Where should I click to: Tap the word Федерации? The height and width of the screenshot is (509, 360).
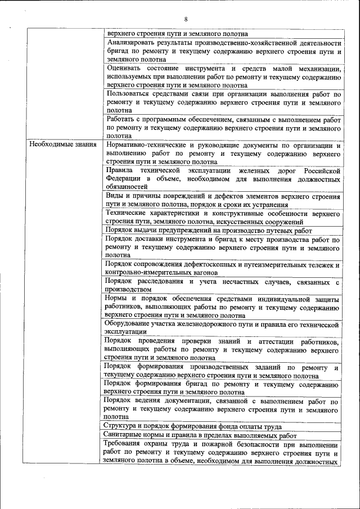click(x=125, y=178)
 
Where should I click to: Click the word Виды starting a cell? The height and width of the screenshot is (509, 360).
click(x=115, y=196)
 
